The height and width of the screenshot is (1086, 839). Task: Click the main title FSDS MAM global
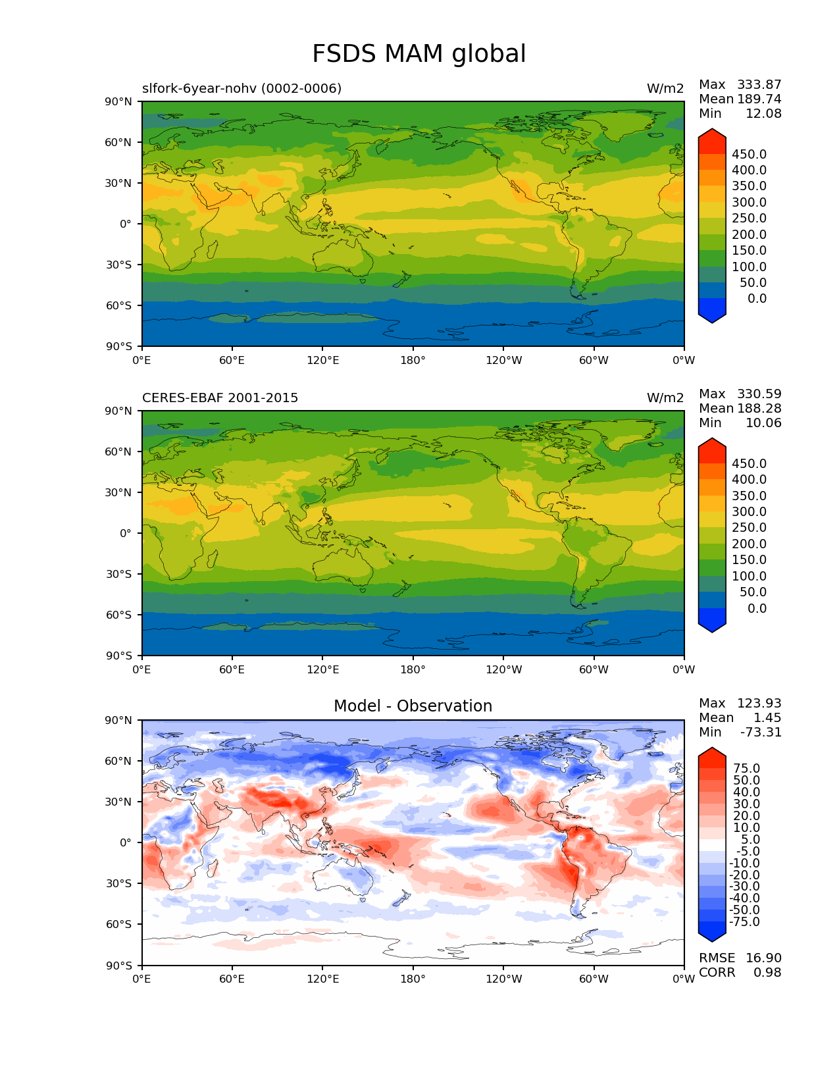[x=419, y=54]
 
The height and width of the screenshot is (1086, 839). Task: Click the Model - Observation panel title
[x=413, y=706]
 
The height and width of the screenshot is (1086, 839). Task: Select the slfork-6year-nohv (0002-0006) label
[x=242, y=88]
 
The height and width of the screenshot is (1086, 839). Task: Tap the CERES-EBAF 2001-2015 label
[x=220, y=398]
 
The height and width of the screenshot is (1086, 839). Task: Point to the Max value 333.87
[x=759, y=84]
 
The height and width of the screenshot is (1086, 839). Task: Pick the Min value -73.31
[x=761, y=732]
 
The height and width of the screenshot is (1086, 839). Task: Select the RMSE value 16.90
[x=763, y=958]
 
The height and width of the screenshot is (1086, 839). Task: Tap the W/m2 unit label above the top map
[x=665, y=88]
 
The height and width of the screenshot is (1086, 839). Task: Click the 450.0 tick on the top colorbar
[x=749, y=154]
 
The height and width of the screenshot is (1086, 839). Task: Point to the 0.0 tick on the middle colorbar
[x=757, y=608]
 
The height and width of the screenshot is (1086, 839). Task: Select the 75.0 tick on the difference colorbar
[x=746, y=768]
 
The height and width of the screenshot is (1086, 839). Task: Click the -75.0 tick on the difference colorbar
[x=744, y=921]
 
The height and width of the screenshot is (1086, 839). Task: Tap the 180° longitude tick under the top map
[x=413, y=360]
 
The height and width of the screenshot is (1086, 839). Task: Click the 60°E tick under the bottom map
[x=232, y=979]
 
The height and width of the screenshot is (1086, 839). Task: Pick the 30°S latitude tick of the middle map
[x=119, y=574]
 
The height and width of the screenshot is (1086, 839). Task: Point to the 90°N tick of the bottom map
[x=119, y=720]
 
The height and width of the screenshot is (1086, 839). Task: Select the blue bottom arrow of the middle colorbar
[x=711, y=620]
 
